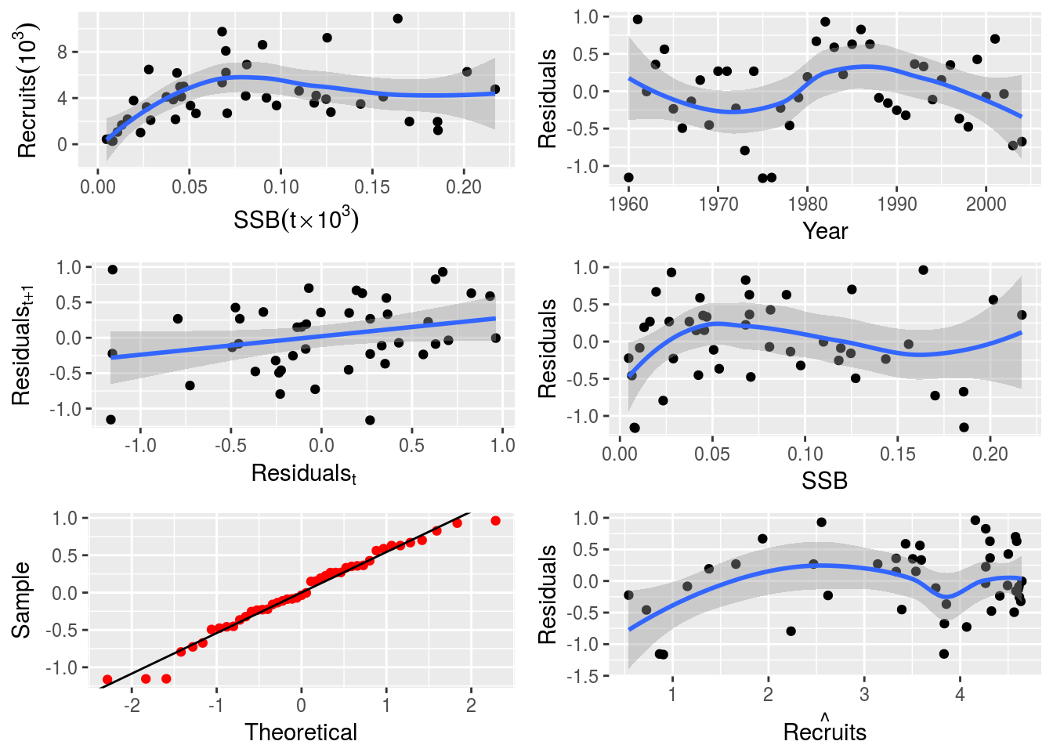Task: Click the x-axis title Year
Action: [824, 231]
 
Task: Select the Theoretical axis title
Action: [301, 732]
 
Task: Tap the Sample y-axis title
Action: [21, 600]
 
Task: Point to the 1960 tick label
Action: [628, 204]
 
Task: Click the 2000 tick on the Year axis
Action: [986, 204]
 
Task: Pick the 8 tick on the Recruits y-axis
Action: [63, 52]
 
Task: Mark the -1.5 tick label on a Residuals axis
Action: [581, 676]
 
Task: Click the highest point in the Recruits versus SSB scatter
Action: [397, 19]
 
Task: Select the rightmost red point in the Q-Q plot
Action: [495, 521]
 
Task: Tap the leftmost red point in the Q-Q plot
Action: [107, 679]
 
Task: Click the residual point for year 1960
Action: [628, 178]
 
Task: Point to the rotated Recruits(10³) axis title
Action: [28, 90]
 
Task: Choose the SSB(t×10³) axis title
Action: [296, 219]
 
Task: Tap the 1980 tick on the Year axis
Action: [808, 204]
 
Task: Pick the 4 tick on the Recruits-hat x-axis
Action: [960, 695]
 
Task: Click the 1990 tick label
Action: [897, 204]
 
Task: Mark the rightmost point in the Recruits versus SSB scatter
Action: [494, 89]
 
